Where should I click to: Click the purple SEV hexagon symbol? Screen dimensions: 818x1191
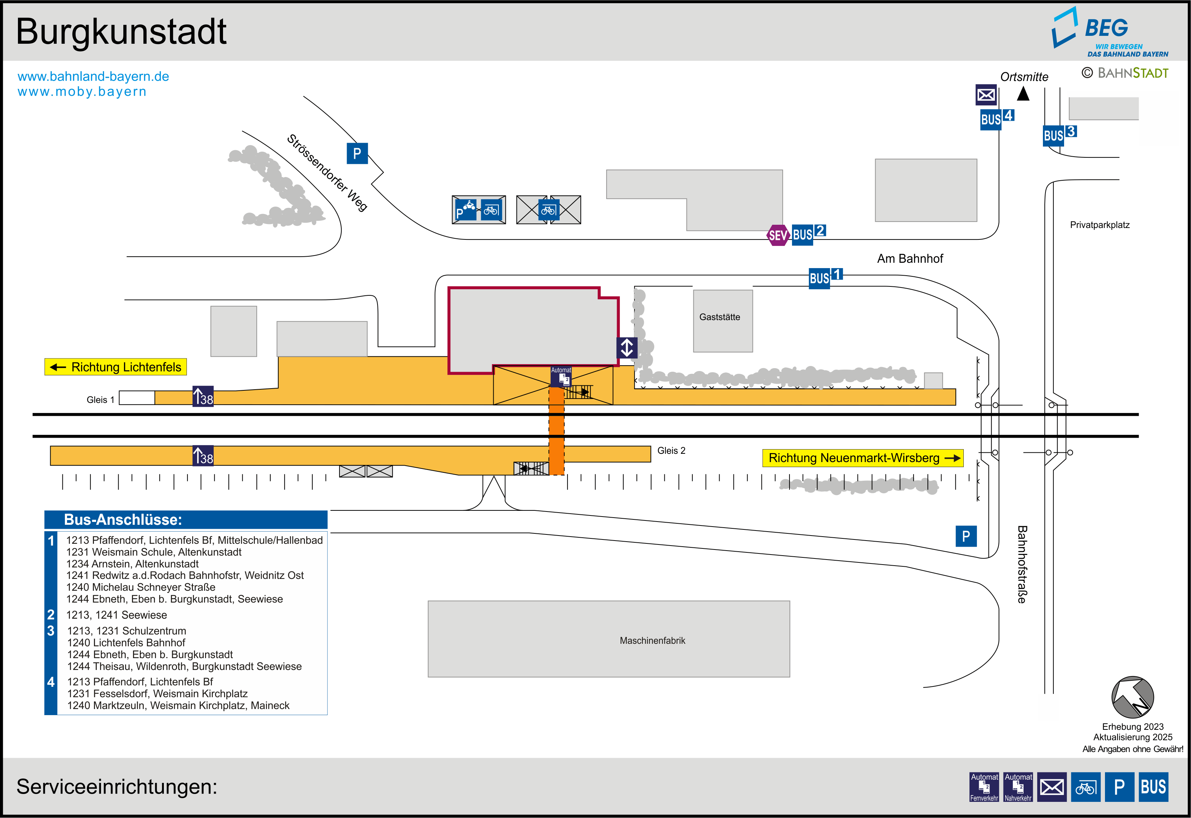[777, 235]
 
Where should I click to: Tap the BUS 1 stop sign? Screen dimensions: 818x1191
[825, 278]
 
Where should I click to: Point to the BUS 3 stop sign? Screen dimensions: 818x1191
[1059, 135]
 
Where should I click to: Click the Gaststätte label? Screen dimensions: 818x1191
[720, 317]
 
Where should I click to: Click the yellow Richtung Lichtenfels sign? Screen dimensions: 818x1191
[116, 367]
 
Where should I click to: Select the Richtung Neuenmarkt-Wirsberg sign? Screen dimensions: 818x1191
[863, 458]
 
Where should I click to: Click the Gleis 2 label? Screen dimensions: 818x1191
[671, 451]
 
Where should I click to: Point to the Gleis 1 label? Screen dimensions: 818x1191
[100, 400]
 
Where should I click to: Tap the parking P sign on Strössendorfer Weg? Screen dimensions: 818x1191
[357, 153]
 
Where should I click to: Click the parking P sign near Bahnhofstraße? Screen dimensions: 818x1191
[965, 536]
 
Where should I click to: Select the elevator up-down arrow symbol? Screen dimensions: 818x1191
[627, 347]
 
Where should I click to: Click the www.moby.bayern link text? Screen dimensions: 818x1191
[82, 92]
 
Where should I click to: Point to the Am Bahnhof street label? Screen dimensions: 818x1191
[910, 259]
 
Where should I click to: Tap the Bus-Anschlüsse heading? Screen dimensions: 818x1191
[123, 520]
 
